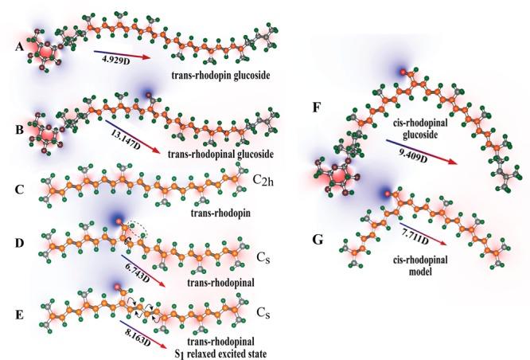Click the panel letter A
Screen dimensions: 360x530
[19, 48]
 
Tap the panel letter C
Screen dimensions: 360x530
[19, 190]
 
